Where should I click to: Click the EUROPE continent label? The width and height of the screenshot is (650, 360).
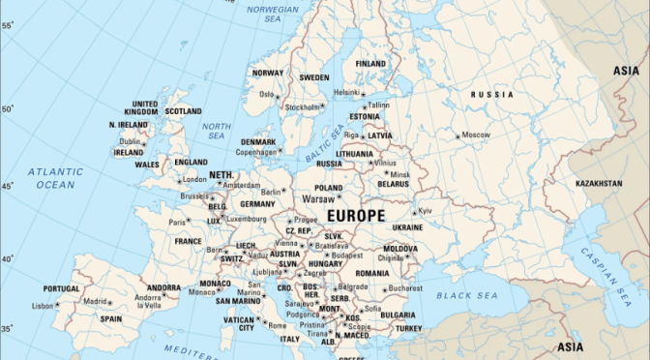(356, 215)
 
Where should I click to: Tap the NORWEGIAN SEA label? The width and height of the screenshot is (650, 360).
(272, 15)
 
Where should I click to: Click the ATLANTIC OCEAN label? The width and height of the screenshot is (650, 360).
(54, 177)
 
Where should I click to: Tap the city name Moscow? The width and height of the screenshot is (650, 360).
(476, 135)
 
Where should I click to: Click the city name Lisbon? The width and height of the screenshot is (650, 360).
(42, 306)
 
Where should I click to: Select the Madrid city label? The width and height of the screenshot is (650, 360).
(94, 301)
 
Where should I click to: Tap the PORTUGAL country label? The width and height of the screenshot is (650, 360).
(61, 288)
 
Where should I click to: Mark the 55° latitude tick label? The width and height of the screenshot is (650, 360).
(6, 25)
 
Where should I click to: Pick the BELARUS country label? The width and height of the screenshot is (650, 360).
(394, 184)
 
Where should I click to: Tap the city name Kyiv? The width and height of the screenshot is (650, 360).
(425, 210)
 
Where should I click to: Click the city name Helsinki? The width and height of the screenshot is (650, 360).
(346, 93)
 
